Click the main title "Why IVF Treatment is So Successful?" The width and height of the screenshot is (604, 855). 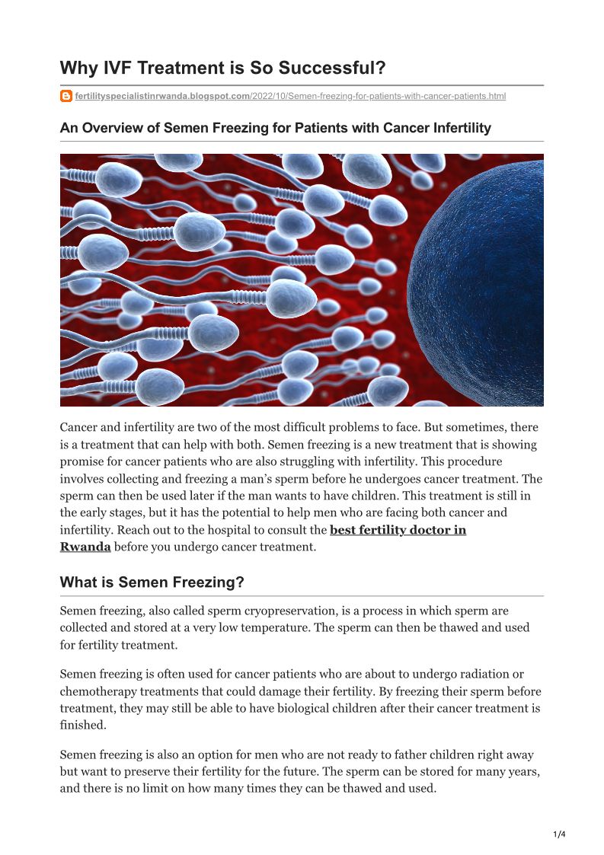(222, 68)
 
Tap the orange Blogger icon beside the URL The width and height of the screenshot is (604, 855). (66, 96)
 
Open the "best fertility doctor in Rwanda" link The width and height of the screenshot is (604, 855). (398, 529)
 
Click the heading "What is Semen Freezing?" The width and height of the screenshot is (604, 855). (152, 582)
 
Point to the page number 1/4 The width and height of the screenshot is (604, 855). (559, 834)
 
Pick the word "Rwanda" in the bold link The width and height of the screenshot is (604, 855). (85, 546)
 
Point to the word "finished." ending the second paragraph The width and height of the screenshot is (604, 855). (83, 725)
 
